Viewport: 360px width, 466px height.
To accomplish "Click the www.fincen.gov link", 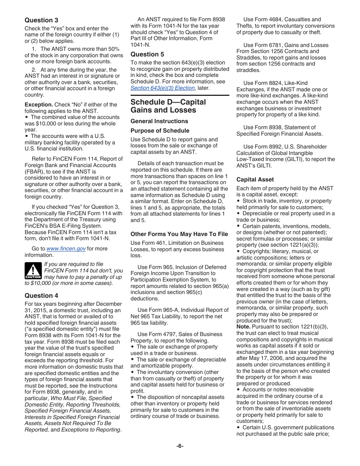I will click(66, 249).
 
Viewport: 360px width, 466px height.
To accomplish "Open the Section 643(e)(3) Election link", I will click(163, 88).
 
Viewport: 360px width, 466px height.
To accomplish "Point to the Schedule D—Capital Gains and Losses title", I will click(168, 106).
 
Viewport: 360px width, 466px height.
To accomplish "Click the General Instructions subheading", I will click(159, 121).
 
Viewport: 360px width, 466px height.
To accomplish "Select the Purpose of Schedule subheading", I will click(160, 131).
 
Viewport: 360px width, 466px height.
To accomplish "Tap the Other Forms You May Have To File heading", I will click(179, 234).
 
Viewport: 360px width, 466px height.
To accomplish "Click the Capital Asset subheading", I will click(255, 180).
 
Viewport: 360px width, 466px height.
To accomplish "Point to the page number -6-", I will click(180, 446).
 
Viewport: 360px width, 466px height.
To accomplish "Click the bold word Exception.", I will click(39, 105).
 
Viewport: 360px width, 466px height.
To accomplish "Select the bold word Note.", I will click(243, 327).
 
